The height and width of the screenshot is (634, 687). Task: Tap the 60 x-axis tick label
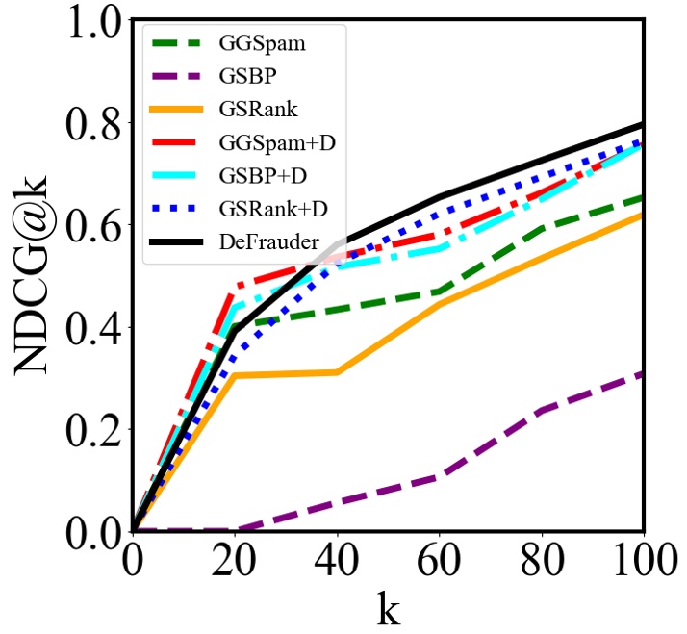[x=439, y=560]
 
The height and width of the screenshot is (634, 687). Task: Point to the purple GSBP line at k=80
[x=541, y=411]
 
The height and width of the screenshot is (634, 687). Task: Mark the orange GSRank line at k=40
[x=337, y=371]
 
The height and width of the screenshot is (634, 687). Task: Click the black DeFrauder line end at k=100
[x=642, y=126]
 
